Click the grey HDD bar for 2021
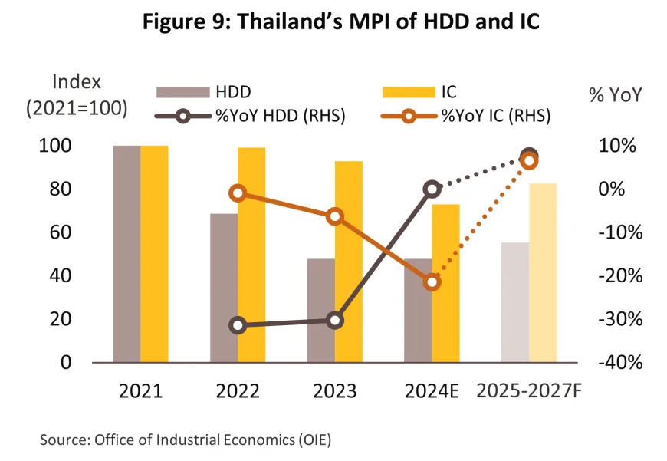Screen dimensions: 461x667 coord(127,253)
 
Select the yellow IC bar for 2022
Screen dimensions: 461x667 coord(251,255)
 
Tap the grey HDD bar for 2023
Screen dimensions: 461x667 coord(321,310)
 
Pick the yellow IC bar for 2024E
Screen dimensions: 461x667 coord(445,283)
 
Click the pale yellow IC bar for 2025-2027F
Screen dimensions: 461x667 coord(543,272)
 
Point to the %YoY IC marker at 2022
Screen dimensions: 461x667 coord(238,193)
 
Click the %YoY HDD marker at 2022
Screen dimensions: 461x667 coord(238,325)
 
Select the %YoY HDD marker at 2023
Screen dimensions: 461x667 coord(335,321)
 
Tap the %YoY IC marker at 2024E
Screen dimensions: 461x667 coord(432,282)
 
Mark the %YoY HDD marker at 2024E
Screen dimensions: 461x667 coord(432,189)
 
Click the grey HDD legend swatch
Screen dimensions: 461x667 coord(182,93)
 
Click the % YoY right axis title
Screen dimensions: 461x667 coord(615,96)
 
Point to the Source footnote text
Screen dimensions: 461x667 coord(189,440)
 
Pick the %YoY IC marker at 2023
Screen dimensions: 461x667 coord(335,217)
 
